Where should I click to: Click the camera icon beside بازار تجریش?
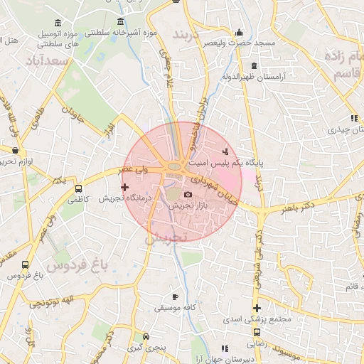coord(188,195)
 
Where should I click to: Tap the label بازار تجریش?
coord(187,206)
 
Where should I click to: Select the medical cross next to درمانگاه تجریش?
coord(125,186)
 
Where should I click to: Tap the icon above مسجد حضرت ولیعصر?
coord(239,33)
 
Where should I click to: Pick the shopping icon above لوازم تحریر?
coord(16,150)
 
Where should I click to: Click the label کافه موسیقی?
coord(175,308)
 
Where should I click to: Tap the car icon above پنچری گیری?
coord(146,336)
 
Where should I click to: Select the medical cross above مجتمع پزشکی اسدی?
coord(257,308)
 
